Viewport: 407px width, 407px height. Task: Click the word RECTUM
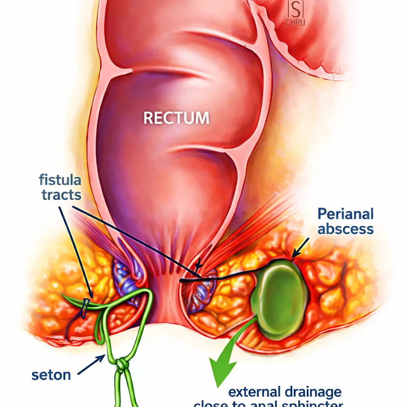pos(176,118)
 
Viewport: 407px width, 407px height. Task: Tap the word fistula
pos(60,180)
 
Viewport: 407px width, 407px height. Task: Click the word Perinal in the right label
pos(345,214)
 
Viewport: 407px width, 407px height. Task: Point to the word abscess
pos(345,229)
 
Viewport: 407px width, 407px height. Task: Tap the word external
pos(254,392)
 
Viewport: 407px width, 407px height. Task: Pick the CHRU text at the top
pos(295,23)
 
